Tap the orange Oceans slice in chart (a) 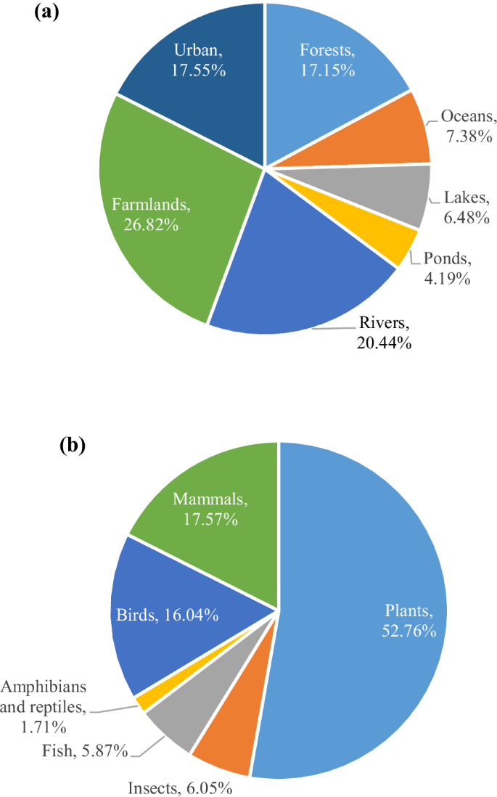coord(392,134)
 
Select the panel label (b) coord(72,445)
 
